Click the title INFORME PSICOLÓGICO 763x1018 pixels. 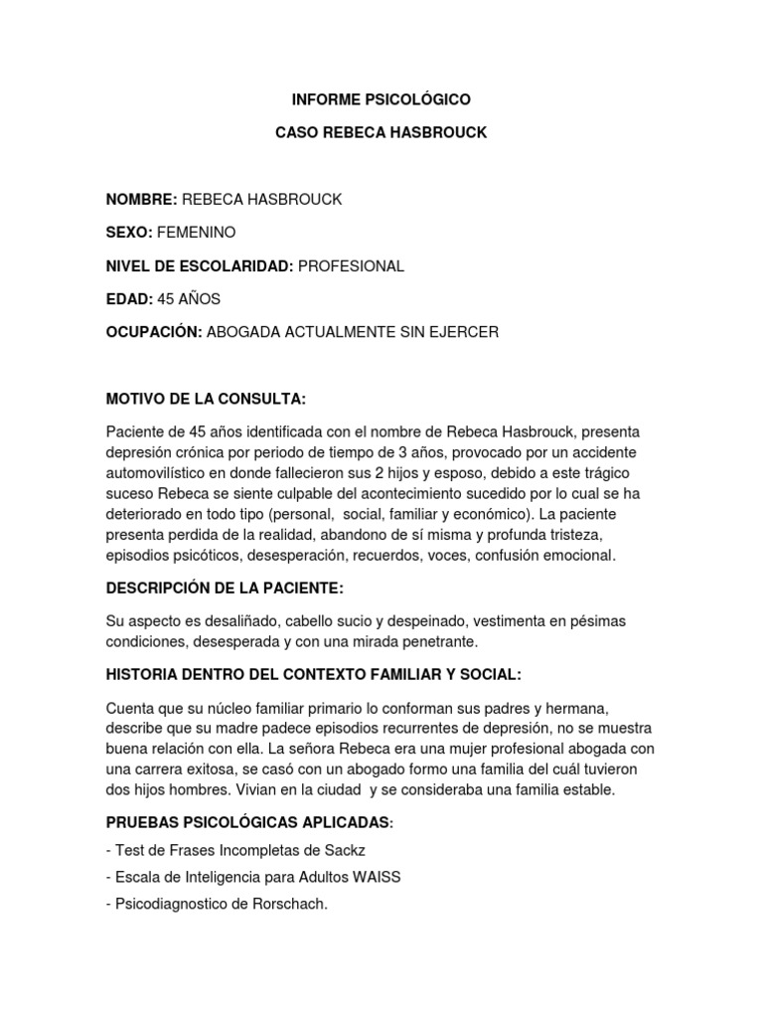pos(381,99)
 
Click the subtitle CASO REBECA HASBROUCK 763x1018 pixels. pos(381,132)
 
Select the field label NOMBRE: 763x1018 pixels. pos(141,199)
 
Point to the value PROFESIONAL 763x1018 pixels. pos(351,265)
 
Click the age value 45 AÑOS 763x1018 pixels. pos(189,298)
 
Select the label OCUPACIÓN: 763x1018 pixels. pos(153,332)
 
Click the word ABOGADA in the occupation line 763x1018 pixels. pos(241,332)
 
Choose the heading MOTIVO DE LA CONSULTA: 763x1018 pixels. pos(206,399)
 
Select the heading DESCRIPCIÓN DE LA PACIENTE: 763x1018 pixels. pos(225,588)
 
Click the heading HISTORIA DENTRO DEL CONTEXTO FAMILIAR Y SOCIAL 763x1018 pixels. pos(312,675)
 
